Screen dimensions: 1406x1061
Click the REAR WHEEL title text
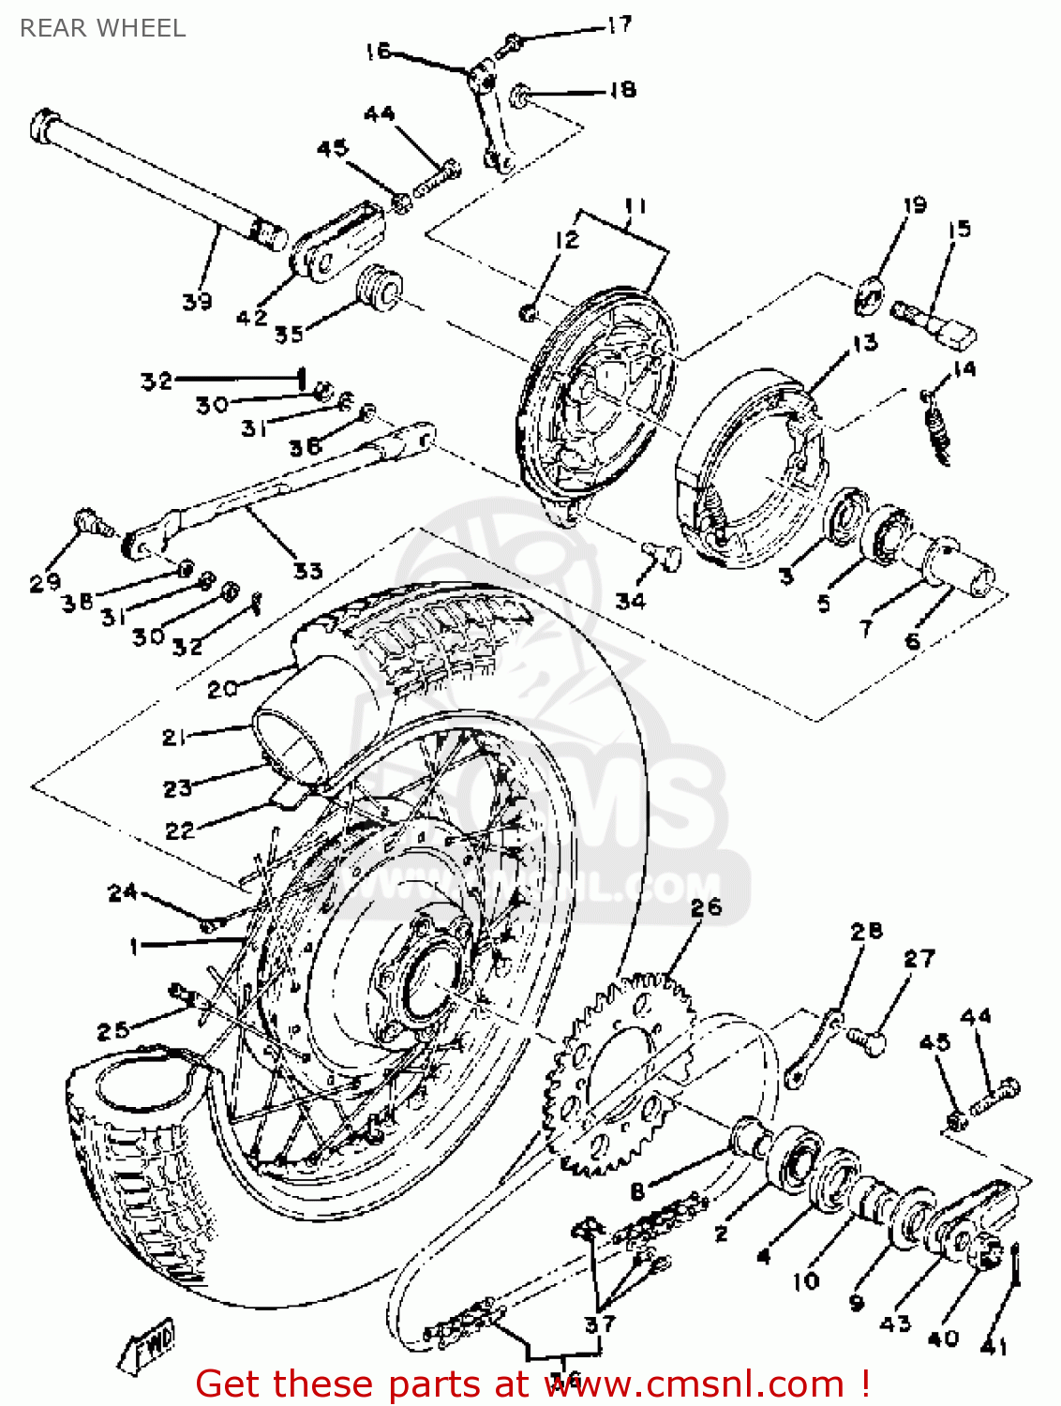[102, 28]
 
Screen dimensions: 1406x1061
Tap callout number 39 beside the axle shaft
[197, 302]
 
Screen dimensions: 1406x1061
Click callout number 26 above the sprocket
[707, 906]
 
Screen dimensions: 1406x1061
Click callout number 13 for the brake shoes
[864, 343]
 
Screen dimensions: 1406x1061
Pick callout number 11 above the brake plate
[635, 205]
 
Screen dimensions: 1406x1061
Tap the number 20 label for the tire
[223, 689]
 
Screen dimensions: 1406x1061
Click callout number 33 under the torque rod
[307, 570]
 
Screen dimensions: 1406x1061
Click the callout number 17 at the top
[620, 25]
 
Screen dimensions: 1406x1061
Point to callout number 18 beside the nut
[622, 90]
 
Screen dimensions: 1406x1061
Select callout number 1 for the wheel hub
[134, 947]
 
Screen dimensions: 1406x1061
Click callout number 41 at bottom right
[994, 1346]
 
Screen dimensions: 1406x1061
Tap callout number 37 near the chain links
[600, 1324]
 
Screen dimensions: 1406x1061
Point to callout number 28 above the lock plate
[867, 931]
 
